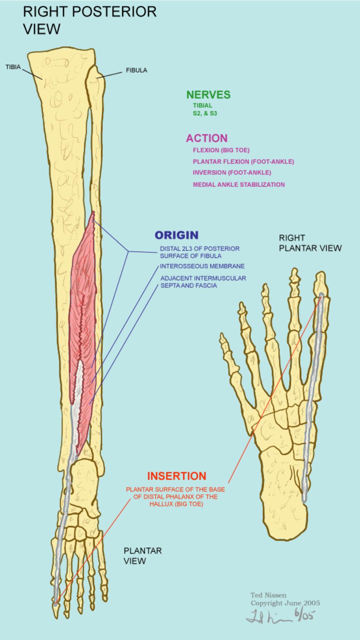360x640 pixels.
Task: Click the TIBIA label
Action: tap(13, 67)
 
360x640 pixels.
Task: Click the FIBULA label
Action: tap(136, 70)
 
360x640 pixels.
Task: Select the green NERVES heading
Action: tap(208, 94)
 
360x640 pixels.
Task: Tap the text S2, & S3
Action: tap(205, 113)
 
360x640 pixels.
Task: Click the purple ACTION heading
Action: tap(207, 138)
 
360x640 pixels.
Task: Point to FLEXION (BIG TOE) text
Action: tap(221, 150)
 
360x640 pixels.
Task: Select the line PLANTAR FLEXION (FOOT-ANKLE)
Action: tap(243, 162)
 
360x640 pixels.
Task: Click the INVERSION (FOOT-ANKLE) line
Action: tap(232, 173)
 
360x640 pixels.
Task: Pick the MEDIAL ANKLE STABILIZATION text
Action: tap(239, 185)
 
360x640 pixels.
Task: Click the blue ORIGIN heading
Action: tap(176, 235)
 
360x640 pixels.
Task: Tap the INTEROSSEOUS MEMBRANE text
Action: tap(202, 266)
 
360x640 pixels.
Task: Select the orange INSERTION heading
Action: tap(176, 476)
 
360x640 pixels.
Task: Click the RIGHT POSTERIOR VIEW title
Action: tap(89, 20)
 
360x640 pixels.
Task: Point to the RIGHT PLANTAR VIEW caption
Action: tap(310, 243)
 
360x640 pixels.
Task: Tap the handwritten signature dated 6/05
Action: tap(281, 616)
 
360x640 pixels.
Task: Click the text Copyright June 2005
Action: tap(285, 603)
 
